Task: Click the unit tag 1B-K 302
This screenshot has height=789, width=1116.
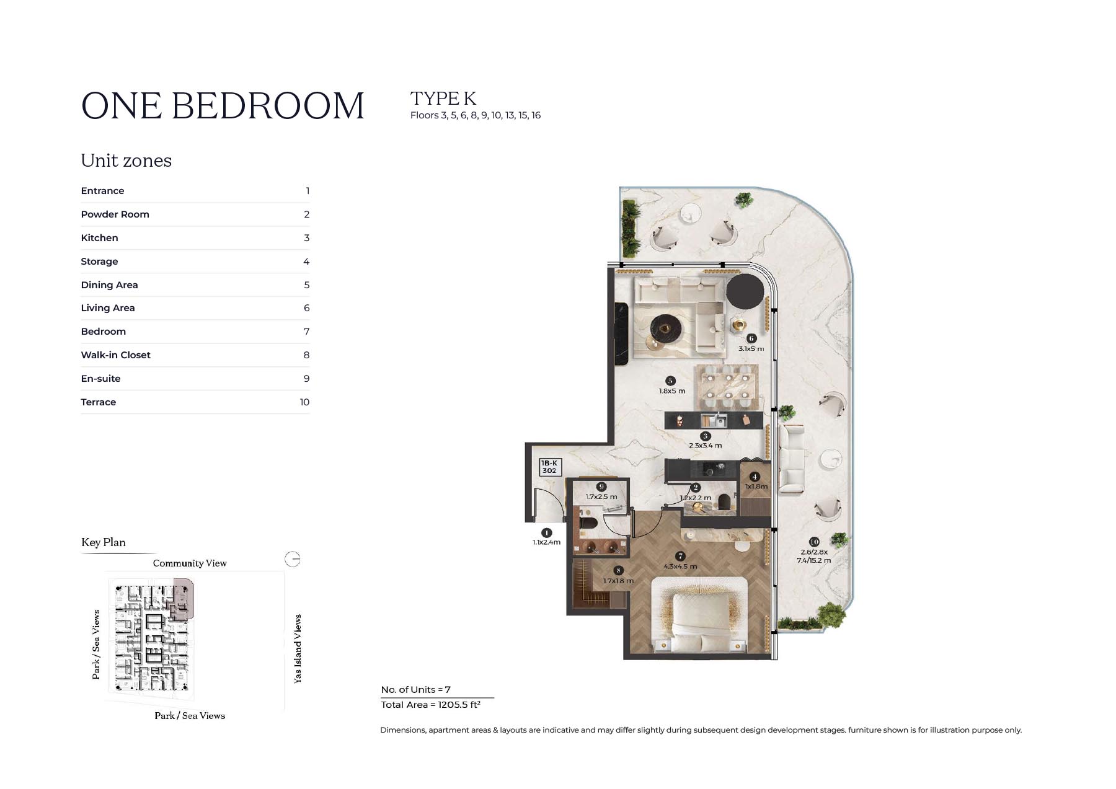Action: pyautogui.click(x=549, y=467)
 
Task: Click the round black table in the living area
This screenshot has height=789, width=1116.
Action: pyautogui.click(x=745, y=291)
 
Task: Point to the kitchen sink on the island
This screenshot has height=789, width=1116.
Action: pyautogui.click(x=714, y=420)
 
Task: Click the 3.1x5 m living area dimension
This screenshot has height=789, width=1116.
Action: pyautogui.click(x=751, y=349)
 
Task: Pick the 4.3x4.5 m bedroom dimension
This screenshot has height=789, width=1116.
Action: pyautogui.click(x=680, y=566)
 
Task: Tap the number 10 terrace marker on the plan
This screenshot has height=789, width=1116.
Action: pyautogui.click(x=814, y=542)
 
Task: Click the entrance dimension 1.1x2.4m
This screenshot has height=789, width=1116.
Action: pyautogui.click(x=546, y=542)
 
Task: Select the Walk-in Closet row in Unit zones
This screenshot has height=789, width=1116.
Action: pyautogui.click(x=195, y=355)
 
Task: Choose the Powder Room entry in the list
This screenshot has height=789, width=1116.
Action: pyautogui.click(x=195, y=214)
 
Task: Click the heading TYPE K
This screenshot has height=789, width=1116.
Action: pyautogui.click(x=443, y=99)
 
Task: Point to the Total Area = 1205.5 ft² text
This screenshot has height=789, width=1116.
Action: pyautogui.click(x=431, y=705)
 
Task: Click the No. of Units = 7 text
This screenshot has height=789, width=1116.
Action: pyautogui.click(x=415, y=690)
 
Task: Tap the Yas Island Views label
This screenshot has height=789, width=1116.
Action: pyautogui.click(x=298, y=649)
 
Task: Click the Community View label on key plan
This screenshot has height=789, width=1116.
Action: pyautogui.click(x=190, y=563)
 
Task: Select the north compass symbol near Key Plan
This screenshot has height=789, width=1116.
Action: pyautogui.click(x=293, y=559)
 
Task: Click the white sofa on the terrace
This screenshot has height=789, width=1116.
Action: pyautogui.click(x=792, y=459)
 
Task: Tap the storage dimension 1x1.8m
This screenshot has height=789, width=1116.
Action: pyautogui.click(x=756, y=487)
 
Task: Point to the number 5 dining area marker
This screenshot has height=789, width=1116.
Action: pyautogui.click(x=670, y=381)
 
